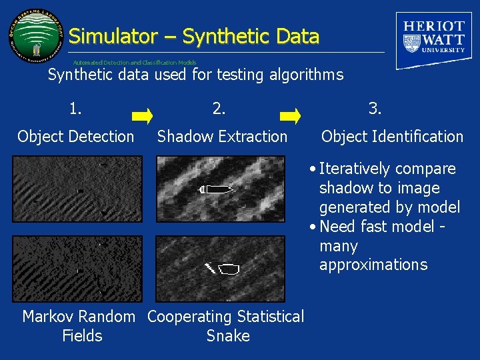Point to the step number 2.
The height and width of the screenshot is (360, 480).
pyautogui.click(x=219, y=107)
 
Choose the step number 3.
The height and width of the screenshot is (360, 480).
pyautogui.click(x=375, y=107)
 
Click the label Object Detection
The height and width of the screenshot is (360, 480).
pyautogui.click(x=76, y=137)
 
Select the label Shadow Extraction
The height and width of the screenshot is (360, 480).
pyautogui.click(x=222, y=137)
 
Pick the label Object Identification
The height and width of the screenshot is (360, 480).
pyautogui.click(x=392, y=137)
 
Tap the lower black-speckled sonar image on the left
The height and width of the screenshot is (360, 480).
pyautogui.click(x=78, y=268)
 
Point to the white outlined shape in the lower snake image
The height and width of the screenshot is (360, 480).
pyautogui.click(x=229, y=269)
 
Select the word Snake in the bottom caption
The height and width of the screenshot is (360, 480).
pyautogui.click(x=228, y=336)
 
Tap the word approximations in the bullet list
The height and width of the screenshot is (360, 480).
pyautogui.click(x=373, y=265)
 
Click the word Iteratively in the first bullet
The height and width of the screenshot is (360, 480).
pyautogui.click(x=360, y=169)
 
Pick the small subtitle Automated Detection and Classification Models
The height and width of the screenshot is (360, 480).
pyautogui.click(x=135, y=62)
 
